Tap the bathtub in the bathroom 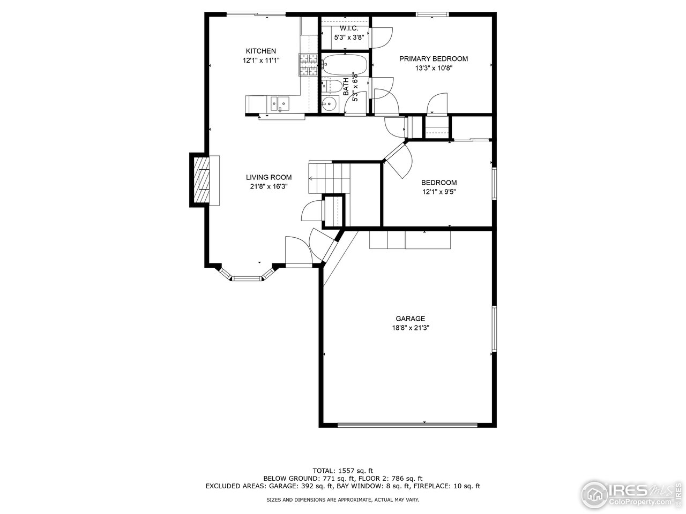(x=345, y=65)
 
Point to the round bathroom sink (x=329, y=104)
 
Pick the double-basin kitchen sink (x=279, y=102)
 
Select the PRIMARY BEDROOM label (x=433, y=59)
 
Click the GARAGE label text (x=410, y=319)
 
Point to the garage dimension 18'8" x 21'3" (x=410, y=328)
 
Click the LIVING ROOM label (x=269, y=177)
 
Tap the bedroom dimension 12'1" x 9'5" (x=438, y=192)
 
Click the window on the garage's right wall (x=494, y=329)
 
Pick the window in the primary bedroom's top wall (x=432, y=14)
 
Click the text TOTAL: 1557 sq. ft (x=343, y=470)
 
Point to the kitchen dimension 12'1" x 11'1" (x=260, y=61)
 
